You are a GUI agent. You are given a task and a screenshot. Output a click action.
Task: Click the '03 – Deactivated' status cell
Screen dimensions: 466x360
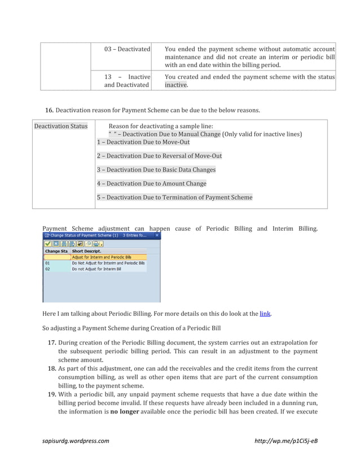pyautogui.click(x=127, y=50)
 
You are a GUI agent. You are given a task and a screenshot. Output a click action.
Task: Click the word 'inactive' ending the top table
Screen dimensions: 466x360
pyautogui.click(x=175, y=85)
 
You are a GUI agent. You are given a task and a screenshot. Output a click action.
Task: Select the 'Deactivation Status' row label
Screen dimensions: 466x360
pyautogui.click(x=60, y=126)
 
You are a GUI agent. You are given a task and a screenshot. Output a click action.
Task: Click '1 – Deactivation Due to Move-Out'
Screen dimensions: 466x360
pyautogui.click(x=143, y=142)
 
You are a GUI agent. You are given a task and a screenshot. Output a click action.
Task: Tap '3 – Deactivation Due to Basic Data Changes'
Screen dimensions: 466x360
pyautogui.click(x=156, y=169)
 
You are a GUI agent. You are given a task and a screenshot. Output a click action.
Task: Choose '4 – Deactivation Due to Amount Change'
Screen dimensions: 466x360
pyautogui.click(x=151, y=183)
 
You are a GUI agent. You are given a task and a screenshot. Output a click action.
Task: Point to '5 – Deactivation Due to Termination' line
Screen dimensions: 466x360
pyautogui.click(x=174, y=197)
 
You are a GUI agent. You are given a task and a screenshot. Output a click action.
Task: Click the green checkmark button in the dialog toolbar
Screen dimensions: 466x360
pyautogui.click(x=48, y=244)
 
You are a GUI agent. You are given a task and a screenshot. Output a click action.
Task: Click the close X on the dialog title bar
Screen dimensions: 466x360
pyautogui.click(x=157, y=235)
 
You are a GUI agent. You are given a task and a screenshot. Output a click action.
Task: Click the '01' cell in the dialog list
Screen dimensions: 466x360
pyautogui.click(x=47, y=263)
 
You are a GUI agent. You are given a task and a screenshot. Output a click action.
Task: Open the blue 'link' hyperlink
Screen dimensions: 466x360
pyautogui.click(x=264, y=313)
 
